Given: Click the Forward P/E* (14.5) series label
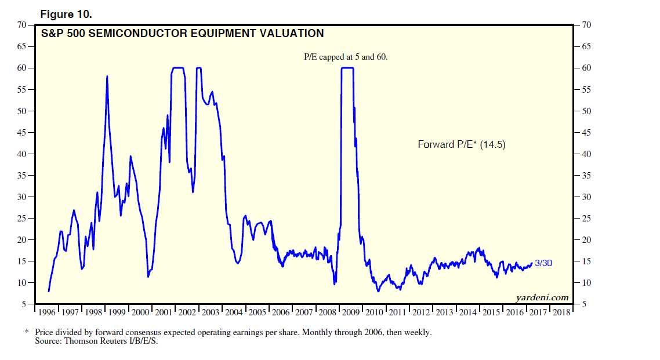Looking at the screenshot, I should (462, 144).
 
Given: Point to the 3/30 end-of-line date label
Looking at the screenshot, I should (543, 263).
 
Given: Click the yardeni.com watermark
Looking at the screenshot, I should (542, 298).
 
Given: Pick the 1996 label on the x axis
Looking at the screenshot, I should (46, 312).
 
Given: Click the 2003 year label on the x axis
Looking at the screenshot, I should (210, 312).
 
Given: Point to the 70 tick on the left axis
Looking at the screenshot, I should (21, 25).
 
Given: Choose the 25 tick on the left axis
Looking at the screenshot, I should (21, 219).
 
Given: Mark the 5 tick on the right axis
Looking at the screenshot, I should (583, 304).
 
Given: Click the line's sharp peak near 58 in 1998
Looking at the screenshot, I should (107, 76).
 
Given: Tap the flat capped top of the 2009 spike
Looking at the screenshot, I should (347, 68).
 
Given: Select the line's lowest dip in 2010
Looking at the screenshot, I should (378, 291).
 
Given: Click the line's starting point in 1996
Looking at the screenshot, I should (49, 291).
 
